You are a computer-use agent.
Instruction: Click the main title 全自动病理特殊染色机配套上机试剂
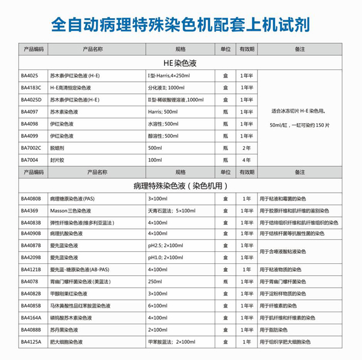coord(181,25)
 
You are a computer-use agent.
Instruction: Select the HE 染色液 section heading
coord(180,62)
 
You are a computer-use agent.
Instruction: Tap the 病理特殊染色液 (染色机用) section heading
coord(180,185)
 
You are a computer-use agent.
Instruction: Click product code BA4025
coord(30,76)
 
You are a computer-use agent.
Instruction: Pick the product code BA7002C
coord(31,148)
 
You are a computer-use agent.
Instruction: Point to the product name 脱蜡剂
coord(58,148)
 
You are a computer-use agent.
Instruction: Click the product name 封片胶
coord(58,160)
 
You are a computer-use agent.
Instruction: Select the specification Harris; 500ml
coord(163,112)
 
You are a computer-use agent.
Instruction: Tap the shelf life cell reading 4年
coord(246,160)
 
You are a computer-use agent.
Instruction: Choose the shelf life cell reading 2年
coord(246,148)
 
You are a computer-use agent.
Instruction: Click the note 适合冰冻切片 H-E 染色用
coord(300,111)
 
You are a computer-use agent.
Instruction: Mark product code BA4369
coord(30,210)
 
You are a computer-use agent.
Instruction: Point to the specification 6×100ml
coord(157,306)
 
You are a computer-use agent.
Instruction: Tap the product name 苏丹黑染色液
coord(66,330)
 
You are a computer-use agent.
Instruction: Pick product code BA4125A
coord(31,342)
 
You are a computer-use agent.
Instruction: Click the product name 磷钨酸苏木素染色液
coord(71,318)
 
